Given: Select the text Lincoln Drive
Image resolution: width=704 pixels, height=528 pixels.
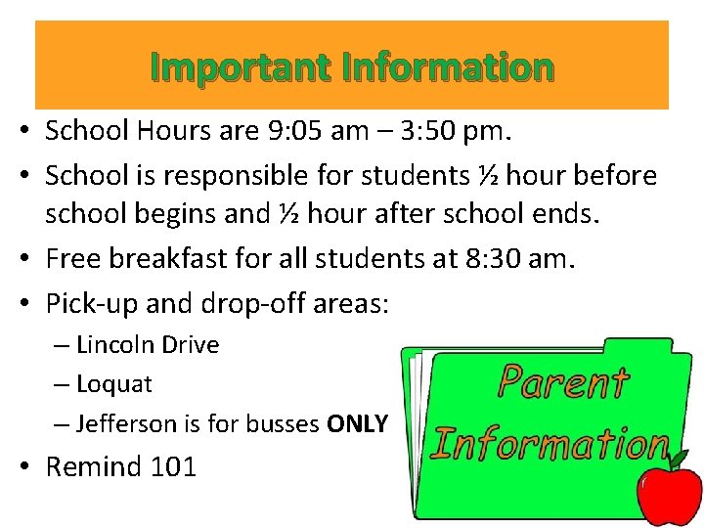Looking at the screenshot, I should point(148,345).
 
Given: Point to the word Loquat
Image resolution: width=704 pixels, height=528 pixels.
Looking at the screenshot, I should point(113,384).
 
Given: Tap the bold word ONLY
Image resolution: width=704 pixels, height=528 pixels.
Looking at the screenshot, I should point(358,423).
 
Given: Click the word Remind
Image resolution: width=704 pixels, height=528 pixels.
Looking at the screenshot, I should point(94,466).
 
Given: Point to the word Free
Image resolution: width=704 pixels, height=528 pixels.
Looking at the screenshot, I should point(69,259).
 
